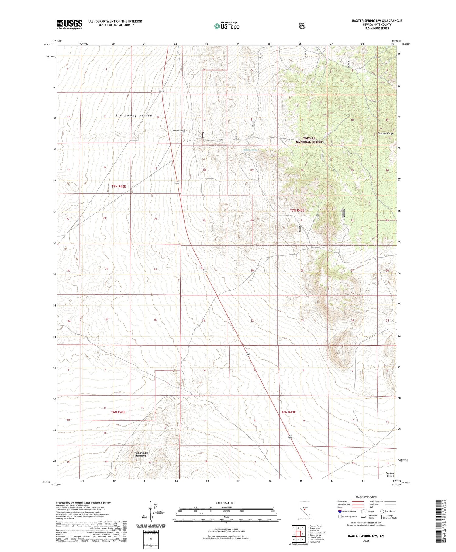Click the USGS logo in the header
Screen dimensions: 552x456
pyautogui.click(x=69, y=24)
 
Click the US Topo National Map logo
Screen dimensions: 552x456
pyautogui.click(x=227, y=26)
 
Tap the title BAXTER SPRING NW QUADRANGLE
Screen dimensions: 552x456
pyautogui.click(x=377, y=21)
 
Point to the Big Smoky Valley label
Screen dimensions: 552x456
pyautogui.click(x=134, y=116)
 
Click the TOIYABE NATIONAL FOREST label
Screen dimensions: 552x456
pyautogui.click(x=309, y=140)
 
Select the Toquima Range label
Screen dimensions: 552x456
pyautogui.click(x=385, y=133)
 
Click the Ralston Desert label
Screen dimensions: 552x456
pyautogui.click(x=389, y=475)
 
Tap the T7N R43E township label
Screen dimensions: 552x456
pyautogui.click(x=297, y=210)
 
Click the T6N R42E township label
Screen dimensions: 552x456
pyautogui.click(x=118, y=412)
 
